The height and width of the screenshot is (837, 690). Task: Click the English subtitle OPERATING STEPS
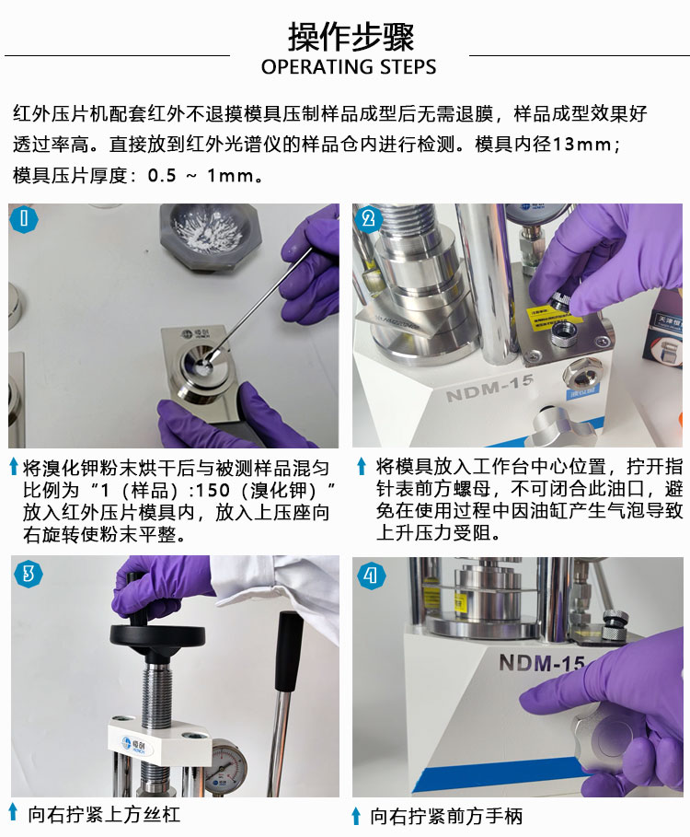349,66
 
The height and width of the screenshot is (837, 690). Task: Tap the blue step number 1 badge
24,219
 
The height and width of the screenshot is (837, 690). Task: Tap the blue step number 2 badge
369,219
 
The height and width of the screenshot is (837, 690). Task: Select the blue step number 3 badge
29,574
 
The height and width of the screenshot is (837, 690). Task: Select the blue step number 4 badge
371,575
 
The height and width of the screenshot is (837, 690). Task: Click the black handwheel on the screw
157,636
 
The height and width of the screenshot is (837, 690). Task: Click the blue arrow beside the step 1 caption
15,467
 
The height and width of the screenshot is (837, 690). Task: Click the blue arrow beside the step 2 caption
362,466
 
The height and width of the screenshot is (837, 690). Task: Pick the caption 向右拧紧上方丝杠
105,814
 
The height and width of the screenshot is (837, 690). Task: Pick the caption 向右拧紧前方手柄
447,816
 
